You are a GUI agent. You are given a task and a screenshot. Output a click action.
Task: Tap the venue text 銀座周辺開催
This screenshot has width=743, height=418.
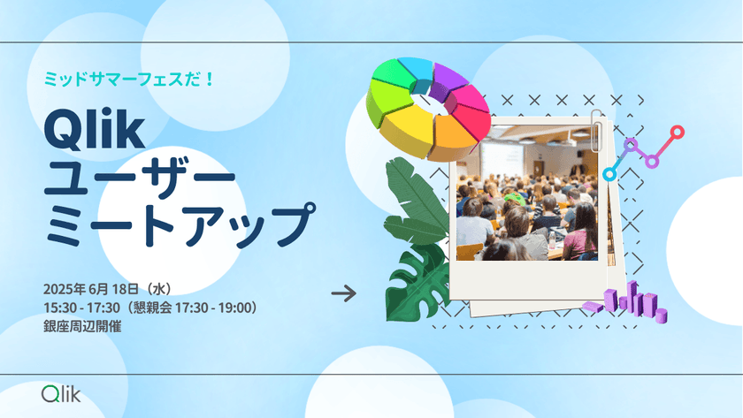click(x=81, y=325)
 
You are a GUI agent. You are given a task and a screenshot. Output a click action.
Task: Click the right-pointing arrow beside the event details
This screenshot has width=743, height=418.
click(x=343, y=293)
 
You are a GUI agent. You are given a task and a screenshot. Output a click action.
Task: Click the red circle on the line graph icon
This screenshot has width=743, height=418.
click(x=678, y=133)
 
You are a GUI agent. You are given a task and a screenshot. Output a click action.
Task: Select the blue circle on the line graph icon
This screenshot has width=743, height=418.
click(x=609, y=174)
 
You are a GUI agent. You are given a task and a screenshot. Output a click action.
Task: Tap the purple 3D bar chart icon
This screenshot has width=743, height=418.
click(x=637, y=302)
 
